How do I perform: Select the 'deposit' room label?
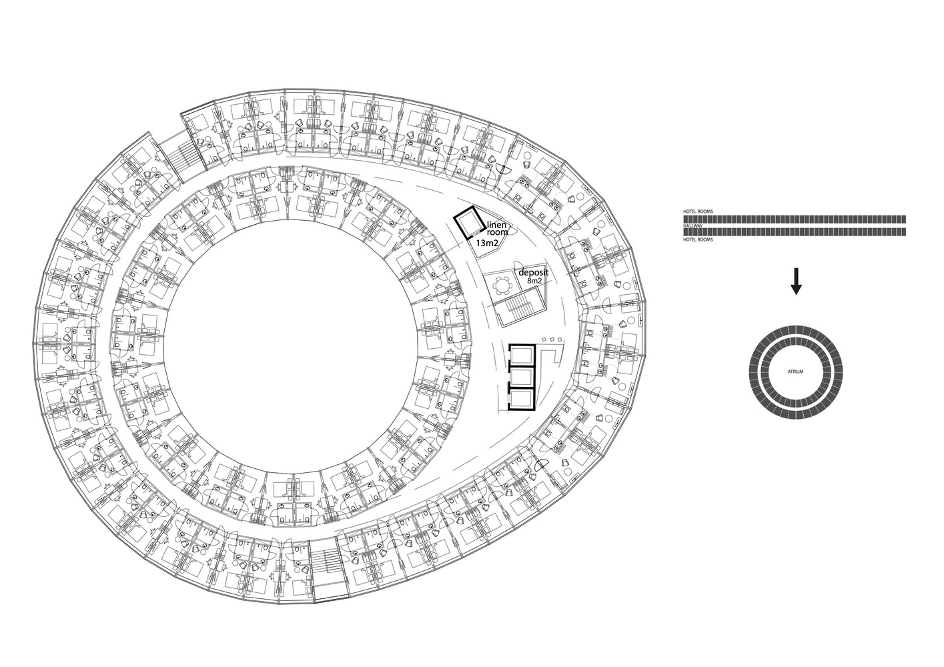click(x=533, y=273)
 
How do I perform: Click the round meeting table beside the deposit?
click(x=502, y=285)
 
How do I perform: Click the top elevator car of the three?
click(x=521, y=354)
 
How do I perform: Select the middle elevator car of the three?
click(x=521, y=377)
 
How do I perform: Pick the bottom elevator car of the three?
click(x=521, y=399)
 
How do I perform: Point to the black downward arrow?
click(x=795, y=280)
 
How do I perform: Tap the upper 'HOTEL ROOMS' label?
click(x=697, y=211)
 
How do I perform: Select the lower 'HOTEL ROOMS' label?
click(x=697, y=239)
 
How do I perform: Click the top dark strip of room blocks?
click(x=794, y=218)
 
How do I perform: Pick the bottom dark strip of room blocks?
click(x=794, y=232)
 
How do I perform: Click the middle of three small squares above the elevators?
click(x=552, y=340)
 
